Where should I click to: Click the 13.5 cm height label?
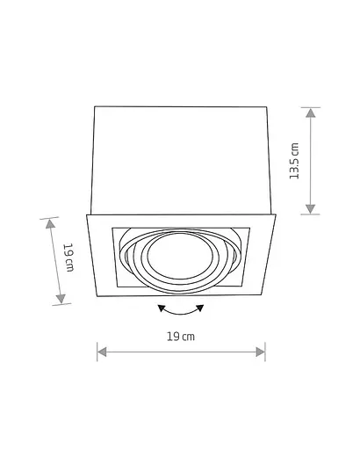tap(294, 161)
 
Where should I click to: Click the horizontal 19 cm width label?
tap(181, 337)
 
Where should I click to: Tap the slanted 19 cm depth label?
tap(69, 258)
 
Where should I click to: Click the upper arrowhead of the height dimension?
tap(310, 112)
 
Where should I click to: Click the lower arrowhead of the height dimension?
tap(310, 209)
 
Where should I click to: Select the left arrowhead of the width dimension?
tap(102, 352)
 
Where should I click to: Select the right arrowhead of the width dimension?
tap(261, 352)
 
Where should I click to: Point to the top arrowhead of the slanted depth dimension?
tap(50, 224)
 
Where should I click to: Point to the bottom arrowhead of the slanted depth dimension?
tap(61, 299)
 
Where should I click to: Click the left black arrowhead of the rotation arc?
tap(161, 308)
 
